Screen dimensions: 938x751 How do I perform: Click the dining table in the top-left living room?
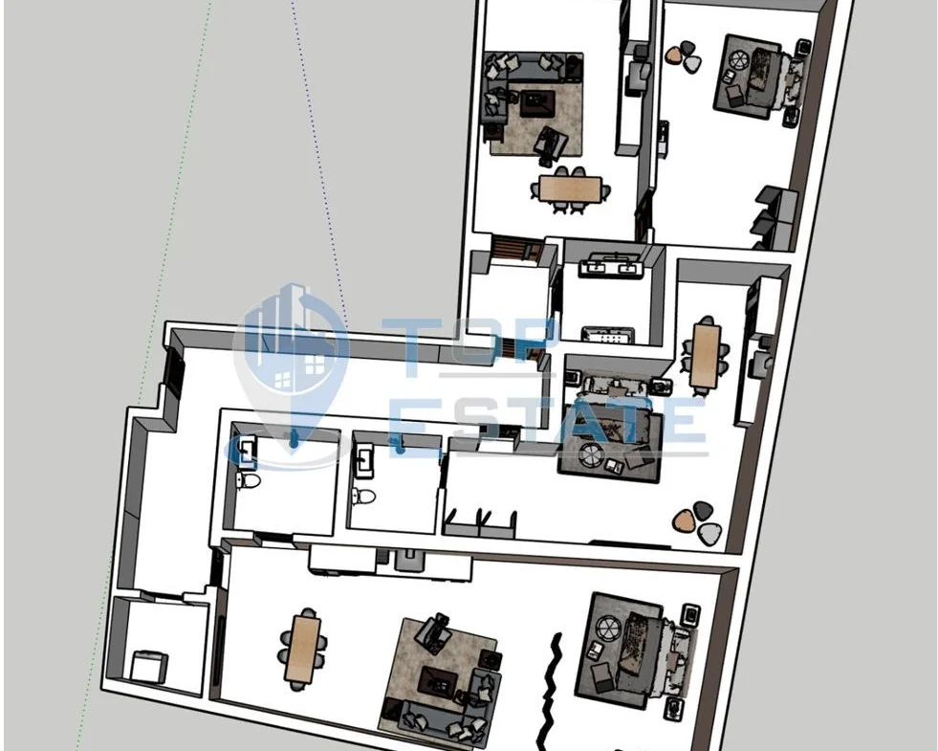click(570, 188)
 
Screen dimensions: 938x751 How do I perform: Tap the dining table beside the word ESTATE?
click(706, 356)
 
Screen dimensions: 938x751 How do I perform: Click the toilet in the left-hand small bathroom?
click(247, 480)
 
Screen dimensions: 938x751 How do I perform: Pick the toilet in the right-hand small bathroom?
click(363, 496)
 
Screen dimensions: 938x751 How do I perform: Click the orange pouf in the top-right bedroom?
click(675, 56)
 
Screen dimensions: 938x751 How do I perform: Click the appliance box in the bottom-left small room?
click(148, 666)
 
